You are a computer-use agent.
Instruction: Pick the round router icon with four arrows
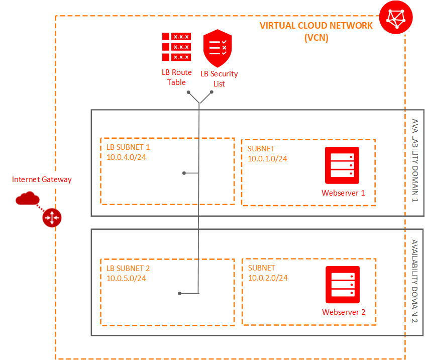(51, 217)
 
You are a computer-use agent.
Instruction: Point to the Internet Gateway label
(42, 179)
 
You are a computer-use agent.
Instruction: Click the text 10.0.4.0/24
(126, 157)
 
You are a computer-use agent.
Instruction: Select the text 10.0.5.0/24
(126, 278)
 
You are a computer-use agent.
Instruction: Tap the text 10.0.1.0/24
(267, 158)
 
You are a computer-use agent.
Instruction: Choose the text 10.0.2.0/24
(268, 278)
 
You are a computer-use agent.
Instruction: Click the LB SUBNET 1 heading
(128, 147)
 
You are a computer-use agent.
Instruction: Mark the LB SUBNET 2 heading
(128, 268)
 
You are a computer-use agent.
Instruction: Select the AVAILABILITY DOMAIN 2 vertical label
(415, 282)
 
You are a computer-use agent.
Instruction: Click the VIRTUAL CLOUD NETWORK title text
(316, 26)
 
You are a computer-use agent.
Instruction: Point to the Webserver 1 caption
(343, 193)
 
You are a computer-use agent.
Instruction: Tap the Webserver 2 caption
(344, 312)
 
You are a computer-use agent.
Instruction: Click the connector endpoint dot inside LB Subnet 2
(179, 293)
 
